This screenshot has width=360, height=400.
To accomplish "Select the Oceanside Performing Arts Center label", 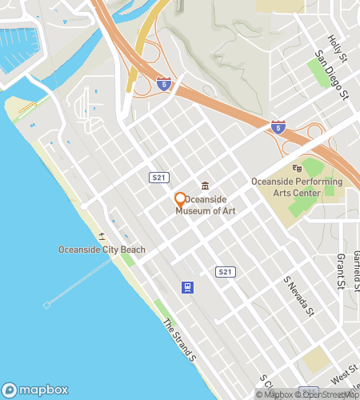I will click(x=297, y=187).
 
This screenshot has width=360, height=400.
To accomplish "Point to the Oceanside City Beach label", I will click(x=102, y=250).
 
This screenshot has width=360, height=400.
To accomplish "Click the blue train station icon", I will click(x=187, y=286).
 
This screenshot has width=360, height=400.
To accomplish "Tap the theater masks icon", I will click(x=297, y=168).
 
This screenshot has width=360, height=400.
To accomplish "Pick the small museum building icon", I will click(x=206, y=186).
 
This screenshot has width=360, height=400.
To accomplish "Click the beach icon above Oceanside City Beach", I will click(x=102, y=236).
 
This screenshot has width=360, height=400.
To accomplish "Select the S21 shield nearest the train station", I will click(x=226, y=272).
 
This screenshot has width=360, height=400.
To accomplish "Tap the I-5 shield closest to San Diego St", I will click(x=278, y=126).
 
